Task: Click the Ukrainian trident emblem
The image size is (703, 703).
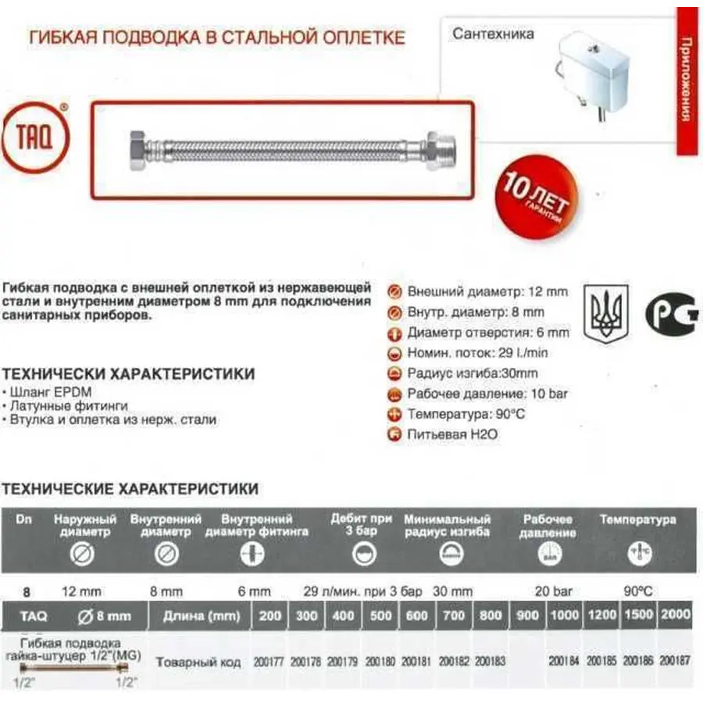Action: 606,310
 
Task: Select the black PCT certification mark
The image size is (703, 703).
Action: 671,312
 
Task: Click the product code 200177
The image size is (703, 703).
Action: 269,661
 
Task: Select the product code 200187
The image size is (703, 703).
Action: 676,661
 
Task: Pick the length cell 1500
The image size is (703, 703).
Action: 639,616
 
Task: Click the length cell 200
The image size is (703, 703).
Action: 269,616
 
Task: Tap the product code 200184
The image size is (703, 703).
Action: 564,661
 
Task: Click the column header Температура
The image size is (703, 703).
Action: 637,519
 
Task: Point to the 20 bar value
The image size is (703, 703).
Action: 553,592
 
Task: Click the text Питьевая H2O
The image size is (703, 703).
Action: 452,434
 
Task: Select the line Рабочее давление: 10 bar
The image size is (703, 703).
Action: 487,394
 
